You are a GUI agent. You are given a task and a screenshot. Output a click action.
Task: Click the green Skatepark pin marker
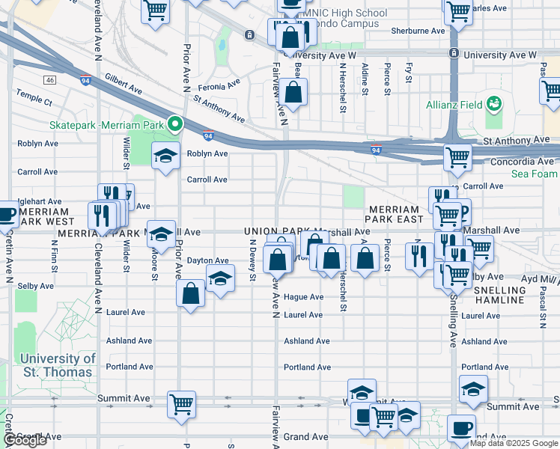pyautogui.click(x=175, y=123)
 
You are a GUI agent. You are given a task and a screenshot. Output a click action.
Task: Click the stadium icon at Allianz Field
pyautogui.click(x=493, y=103)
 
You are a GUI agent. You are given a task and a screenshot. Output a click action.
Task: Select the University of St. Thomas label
pyautogui.click(x=48, y=365)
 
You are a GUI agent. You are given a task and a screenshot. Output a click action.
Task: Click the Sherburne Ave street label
pyautogui.click(x=419, y=31)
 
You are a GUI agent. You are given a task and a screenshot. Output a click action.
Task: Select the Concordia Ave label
pyautogui.click(x=521, y=162)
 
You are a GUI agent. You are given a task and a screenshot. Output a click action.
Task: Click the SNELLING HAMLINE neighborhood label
pyautogui.click(x=490, y=294)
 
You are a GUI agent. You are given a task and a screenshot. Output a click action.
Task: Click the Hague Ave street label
pyautogui.click(x=303, y=297)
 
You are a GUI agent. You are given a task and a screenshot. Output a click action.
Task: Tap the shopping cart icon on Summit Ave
pyautogui.click(x=181, y=403)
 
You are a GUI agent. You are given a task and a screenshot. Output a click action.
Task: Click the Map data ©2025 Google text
pyautogui.click(x=514, y=443)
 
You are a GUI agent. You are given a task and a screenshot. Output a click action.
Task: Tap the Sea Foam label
pyautogui.click(x=535, y=174)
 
